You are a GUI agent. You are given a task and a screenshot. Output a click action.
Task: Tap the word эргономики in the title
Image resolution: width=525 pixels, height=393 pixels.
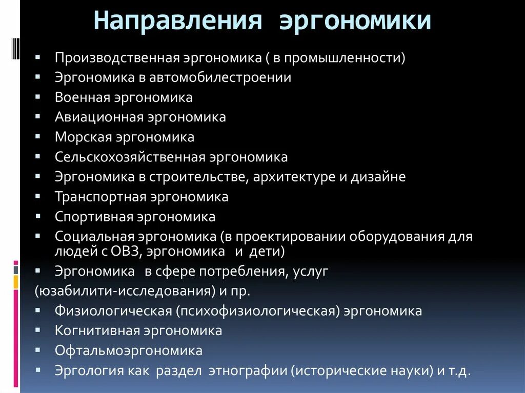[x=355, y=22]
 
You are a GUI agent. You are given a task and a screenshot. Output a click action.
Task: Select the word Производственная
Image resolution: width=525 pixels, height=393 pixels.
[x=117, y=57]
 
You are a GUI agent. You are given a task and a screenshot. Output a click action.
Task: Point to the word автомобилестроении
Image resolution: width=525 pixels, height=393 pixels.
[x=221, y=77]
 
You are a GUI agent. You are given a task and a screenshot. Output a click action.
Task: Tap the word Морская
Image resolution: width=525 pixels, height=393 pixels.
[x=83, y=137]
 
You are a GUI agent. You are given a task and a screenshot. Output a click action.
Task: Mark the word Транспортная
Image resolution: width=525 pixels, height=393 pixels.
[x=100, y=197]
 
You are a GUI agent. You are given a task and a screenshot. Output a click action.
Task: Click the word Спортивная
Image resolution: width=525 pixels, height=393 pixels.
[x=94, y=217]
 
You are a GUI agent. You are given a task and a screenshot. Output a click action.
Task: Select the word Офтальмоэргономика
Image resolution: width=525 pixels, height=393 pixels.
[x=129, y=350]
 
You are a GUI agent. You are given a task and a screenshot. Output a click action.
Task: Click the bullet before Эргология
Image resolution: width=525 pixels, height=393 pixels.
[x=38, y=370]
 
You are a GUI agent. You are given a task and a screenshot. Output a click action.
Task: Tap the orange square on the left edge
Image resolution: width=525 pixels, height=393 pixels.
[x=16, y=281]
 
